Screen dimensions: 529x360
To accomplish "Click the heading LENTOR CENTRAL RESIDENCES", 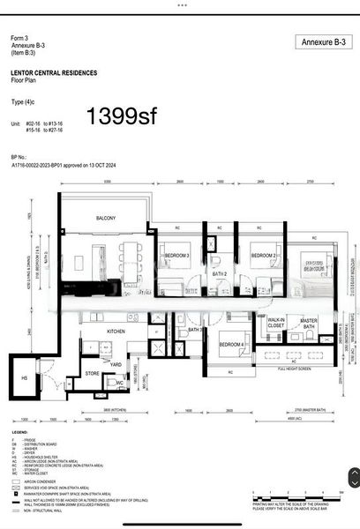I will pyautogui.click(x=54, y=73).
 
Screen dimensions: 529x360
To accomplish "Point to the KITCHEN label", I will pyautogui.click(x=117, y=332).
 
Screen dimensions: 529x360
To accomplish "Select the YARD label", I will pyautogui.click(x=115, y=362).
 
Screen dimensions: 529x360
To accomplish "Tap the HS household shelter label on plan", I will pyautogui.click(x=24, y=377).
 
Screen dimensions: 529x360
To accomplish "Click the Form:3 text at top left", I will pyautogui.click(x=19, y=39).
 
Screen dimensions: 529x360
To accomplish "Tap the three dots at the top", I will pyautogui.click(x=180, y=4).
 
